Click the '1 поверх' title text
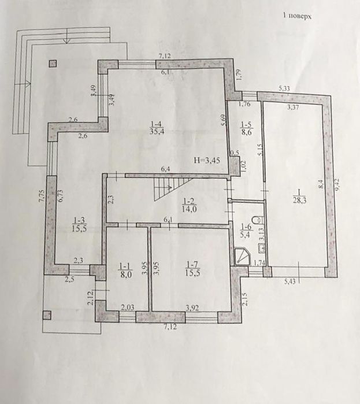297,16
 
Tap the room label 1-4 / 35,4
157,128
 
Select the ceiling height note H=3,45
207,161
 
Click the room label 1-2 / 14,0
190,205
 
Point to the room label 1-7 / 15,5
193,269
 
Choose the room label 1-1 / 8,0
125,270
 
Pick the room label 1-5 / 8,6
247,129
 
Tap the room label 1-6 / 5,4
246,231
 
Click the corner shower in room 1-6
242,257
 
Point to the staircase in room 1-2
173,188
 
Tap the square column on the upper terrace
53,64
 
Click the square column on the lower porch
47,315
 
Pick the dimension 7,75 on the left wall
43,197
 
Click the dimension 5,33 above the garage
284,88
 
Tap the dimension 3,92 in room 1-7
192,308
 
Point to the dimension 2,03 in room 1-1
128,307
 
